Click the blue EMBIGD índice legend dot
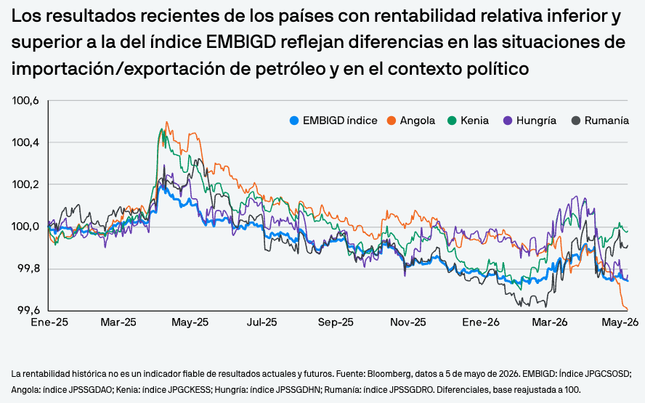coord(293,121)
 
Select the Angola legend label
coord(418,121)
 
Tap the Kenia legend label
coord(475,121)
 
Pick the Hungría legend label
coord(536,121)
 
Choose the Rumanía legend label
coord(607,121)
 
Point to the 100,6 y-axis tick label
coord(25,101)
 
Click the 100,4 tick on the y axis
coord(25,143)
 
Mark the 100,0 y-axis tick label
coord(25,227)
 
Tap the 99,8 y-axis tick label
coord(28,269)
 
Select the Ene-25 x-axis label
coord(49,322)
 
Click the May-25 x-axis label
coord(190,322)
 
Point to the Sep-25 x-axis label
coord(336,322)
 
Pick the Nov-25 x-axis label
coord(408,322)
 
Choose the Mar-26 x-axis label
coord(550,322)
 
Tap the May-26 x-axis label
coord(620,322)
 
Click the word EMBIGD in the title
coord(240,42)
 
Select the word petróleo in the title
coord(291,69)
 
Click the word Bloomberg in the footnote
coord(389,374)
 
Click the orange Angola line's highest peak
coord(166,122)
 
